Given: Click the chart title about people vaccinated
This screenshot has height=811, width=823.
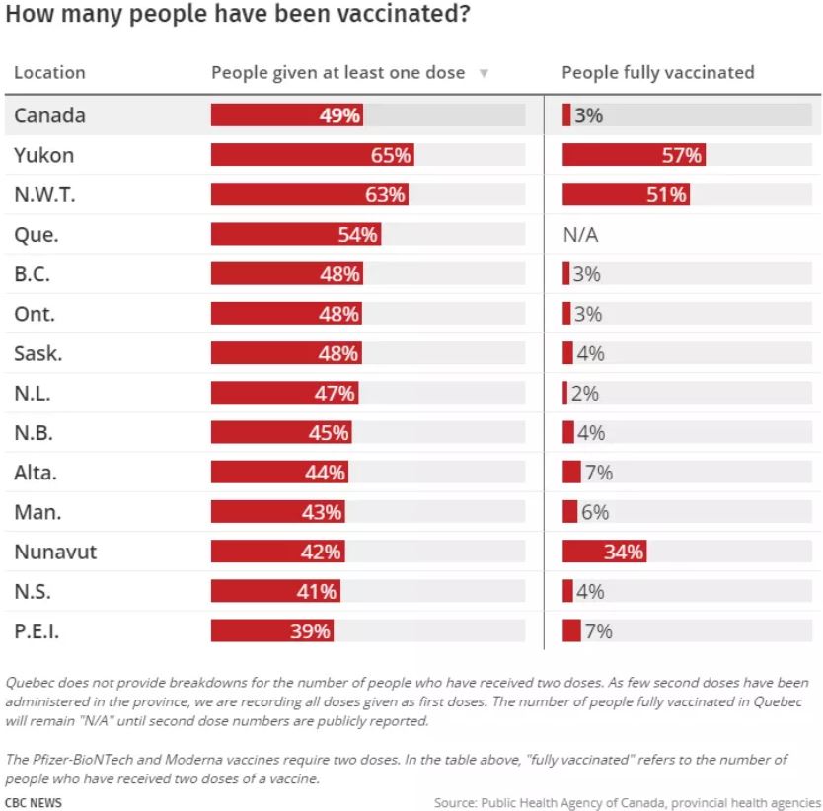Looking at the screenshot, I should point(237,17).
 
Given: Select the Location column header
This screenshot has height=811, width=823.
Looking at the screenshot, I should point(49,73).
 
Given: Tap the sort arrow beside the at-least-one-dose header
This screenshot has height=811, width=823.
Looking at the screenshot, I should point(484,73).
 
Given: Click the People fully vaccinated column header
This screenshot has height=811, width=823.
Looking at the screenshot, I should point(657,73).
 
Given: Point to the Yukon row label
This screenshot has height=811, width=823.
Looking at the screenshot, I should point(43,155).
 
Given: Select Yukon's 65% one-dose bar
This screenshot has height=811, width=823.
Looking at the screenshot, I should point(312,155).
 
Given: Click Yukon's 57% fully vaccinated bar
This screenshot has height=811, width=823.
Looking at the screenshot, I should point(634,155).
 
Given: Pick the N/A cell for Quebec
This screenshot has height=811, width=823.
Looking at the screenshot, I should point(580,235).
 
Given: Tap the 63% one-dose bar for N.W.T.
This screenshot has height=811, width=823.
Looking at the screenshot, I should point(309,194).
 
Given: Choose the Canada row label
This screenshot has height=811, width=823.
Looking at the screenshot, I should point(49,115).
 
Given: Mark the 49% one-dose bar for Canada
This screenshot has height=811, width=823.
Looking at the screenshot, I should point(287,115).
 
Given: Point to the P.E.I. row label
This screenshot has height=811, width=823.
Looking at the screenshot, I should point(37,631).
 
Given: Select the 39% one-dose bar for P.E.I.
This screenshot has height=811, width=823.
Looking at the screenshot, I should point(272,631).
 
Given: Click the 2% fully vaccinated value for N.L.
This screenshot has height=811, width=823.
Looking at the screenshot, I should point(584,394).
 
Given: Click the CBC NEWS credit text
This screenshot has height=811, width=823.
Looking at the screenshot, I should point(34,802).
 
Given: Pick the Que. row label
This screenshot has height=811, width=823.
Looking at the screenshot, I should point(37,235).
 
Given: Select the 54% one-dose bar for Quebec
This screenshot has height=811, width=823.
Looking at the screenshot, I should point(295,235).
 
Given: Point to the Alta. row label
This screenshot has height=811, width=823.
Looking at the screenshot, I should point(36,473).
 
